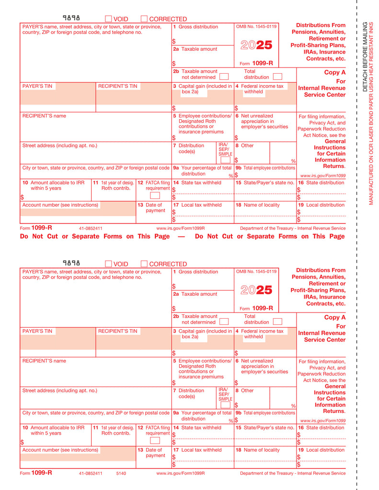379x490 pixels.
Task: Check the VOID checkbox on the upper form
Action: pyautogui.click(x=108, y=19)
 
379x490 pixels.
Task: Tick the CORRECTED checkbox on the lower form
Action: pyautogui.click(x=144, y=264)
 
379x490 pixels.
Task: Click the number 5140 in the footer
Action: pyautogui.click(x=121, y=473)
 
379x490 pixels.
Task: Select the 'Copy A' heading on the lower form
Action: pyautogui.click(x=334, y=317)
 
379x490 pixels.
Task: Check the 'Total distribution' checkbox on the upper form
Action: pyautogui.click(x=277, y=77)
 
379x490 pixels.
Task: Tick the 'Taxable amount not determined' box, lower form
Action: pyautogui.click(x=224, y=322)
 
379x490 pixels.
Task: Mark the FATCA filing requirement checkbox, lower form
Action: pyautogui.click(x=155, y=440)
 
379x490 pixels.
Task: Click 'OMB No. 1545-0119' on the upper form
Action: pyautogui.click(x=256, y=27)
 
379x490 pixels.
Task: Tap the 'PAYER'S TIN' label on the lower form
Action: pyautogui.click(x=37, y=331)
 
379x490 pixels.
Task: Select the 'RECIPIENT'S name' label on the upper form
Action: pyautogui.click(x=44, y=116)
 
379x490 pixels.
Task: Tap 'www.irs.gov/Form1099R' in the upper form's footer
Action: pyautogui.click(x=181, y=228)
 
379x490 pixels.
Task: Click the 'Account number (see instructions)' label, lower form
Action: pyautogui.click(x=60, y=450)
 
